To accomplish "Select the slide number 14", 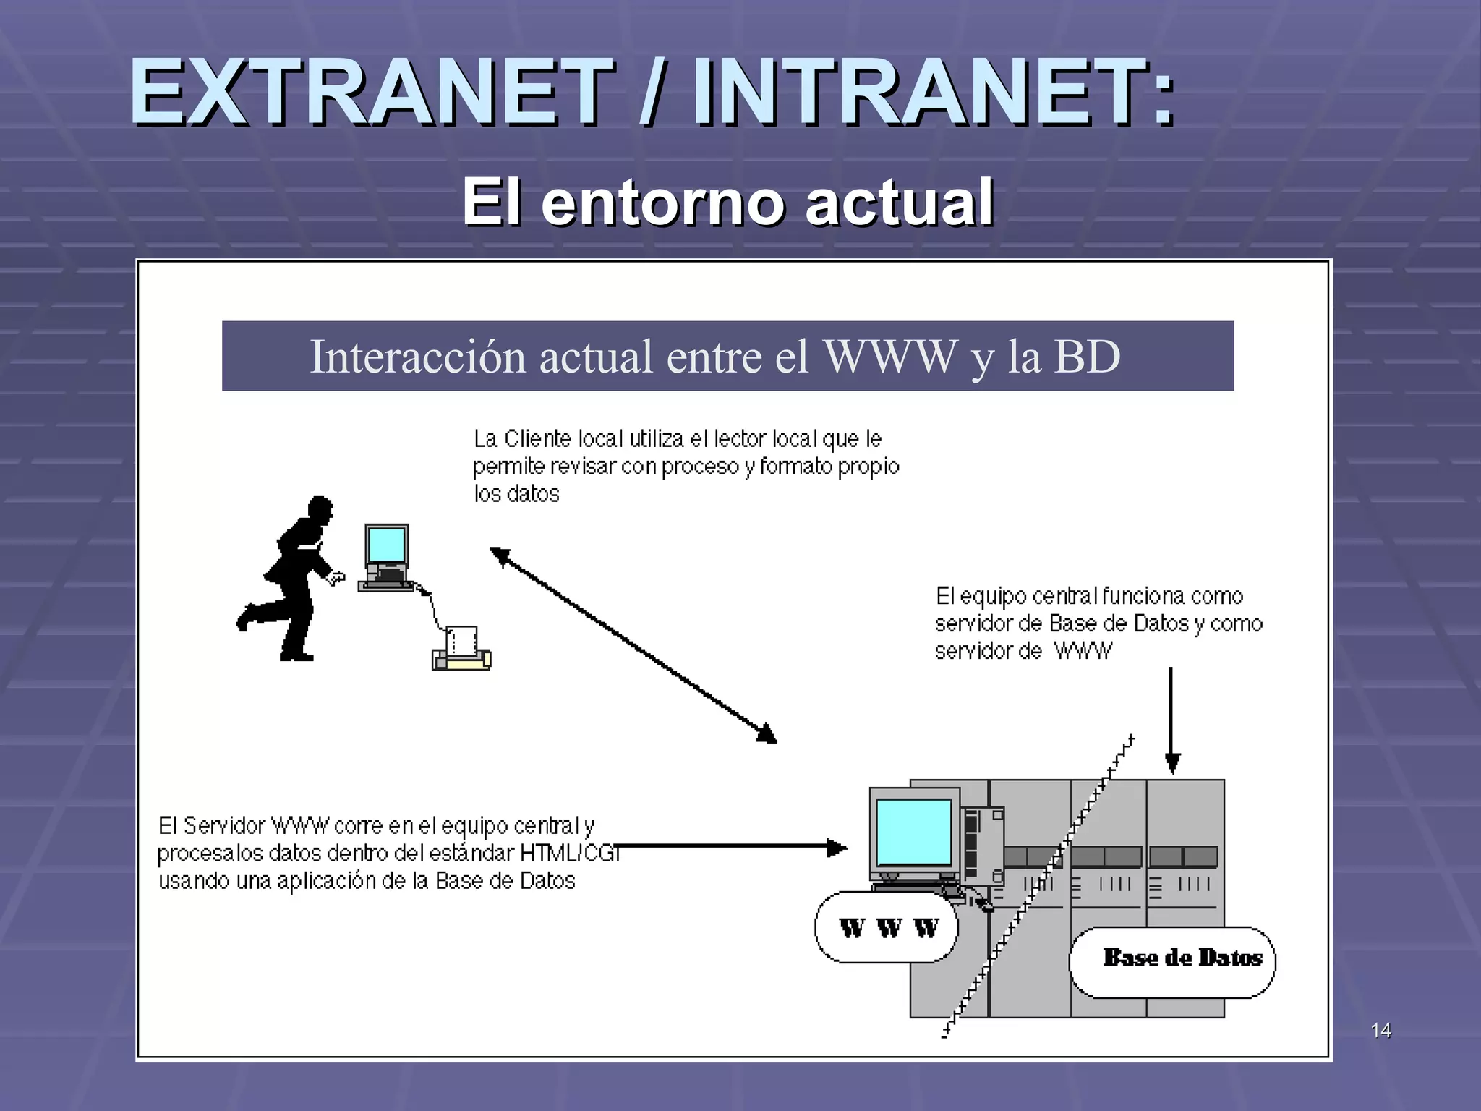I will point(1380,1030).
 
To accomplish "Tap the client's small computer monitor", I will point(386,548).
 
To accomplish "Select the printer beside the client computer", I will point(461,650).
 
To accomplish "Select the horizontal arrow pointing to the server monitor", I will point(730,846).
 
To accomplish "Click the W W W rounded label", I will point(887,927).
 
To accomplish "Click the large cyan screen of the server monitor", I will point(913,832).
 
